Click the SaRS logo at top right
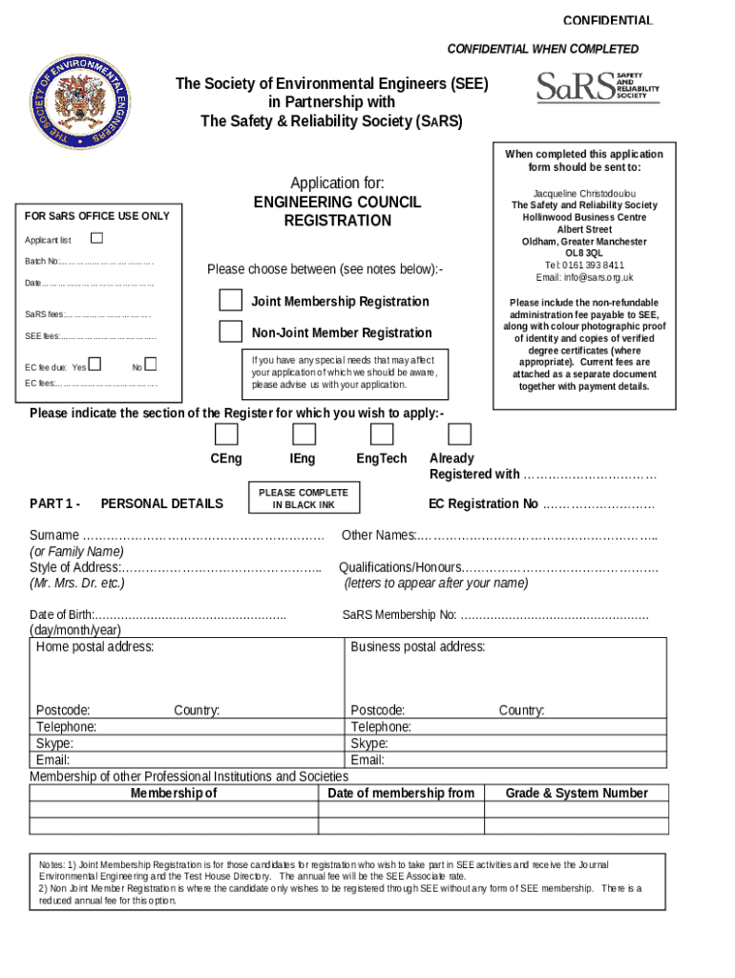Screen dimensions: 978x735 click(x=598, y=86)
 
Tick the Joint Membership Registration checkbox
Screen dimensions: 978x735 click(x=230, y=301)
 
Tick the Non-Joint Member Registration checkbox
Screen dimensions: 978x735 click(x=230, y=332)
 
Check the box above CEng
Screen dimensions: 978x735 click(x=226, y=435)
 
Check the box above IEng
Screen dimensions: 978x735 click(x=304, y=435)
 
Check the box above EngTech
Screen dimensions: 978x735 click(x=382, y=435)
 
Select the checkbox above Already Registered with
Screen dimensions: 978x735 click(x=460, y=435)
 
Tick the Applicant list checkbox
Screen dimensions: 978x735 click(x=96, y=238)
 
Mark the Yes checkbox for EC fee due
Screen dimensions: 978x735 click(x=94, y=365)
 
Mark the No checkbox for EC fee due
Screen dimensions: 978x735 click(x=150, y=365)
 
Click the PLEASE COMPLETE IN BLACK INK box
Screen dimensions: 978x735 click(x=304, y=498)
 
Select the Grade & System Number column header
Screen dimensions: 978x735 click(x=577, y=793)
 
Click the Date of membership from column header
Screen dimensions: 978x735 click(x=400, y=793)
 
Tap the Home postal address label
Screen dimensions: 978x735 click(x=94, y=647)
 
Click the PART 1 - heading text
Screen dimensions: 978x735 click(x=54, y=503)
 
